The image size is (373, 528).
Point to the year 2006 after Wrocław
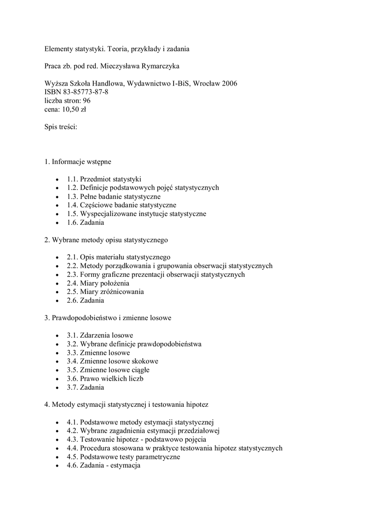pyautogui.click(x=228, y=84)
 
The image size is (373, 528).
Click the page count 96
pyautogui.click(x=87, y=101)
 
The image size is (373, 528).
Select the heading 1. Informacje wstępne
pyautogui.click(x=78, y=162)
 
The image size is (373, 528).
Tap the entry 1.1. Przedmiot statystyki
pyautogui.click(x=104, y=179)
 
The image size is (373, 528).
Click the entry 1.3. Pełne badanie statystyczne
pyautogui.click(x=113, y=196)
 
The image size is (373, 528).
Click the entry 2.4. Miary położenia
pyautogui.click(x=98, y=283)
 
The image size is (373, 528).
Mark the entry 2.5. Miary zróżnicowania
pyautogui.click(x=105, y=292)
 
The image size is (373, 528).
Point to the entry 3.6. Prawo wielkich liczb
pyautogui.click(x=105, y=378)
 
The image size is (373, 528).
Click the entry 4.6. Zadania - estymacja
pyautogui.click(x=104, y=466)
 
